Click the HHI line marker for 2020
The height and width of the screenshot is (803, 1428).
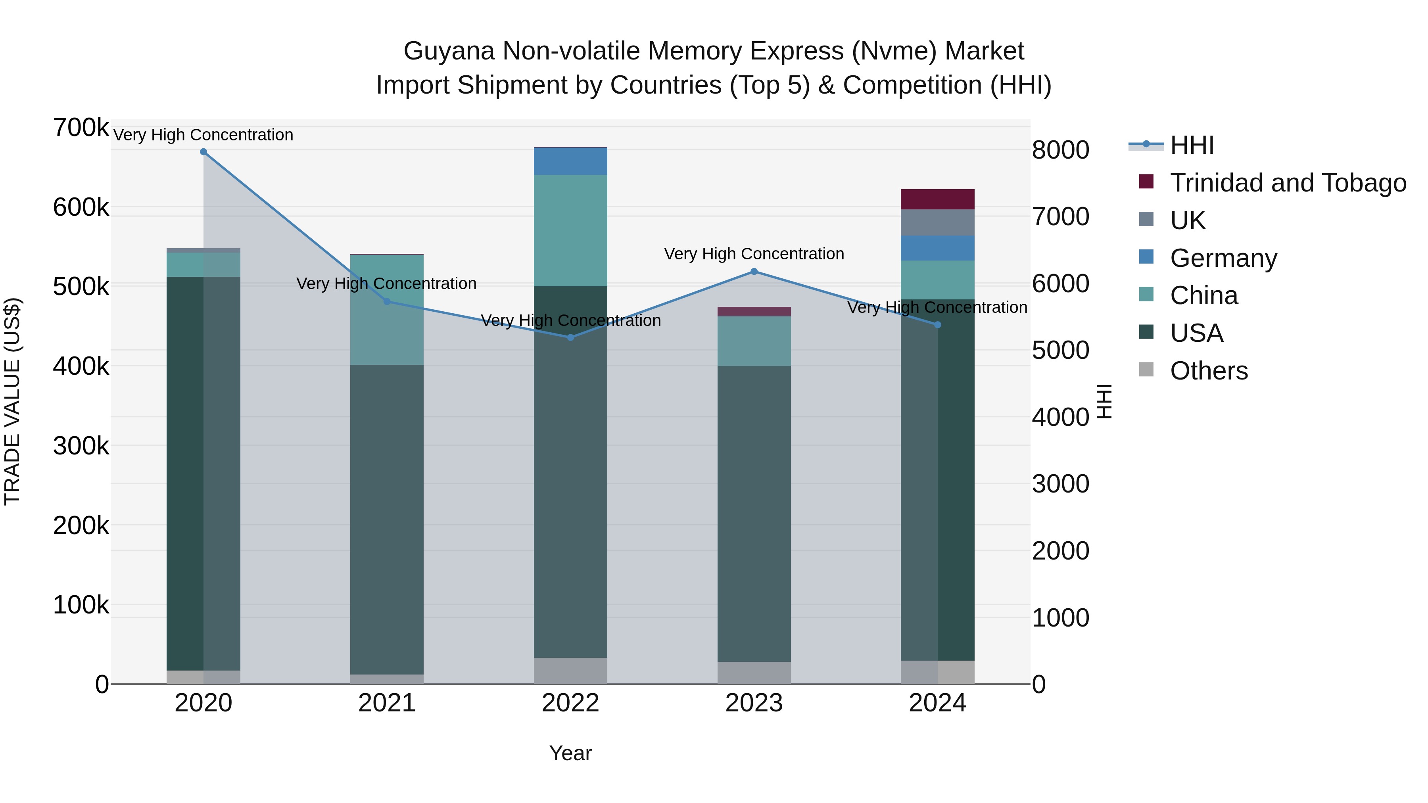coord(203,152)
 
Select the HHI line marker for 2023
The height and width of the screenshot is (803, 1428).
coord(754,272)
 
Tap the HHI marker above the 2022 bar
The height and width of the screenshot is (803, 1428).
coord(570,337)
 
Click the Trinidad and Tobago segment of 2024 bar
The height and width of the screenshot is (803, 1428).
coord(937,199)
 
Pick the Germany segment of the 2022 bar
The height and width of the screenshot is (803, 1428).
coord(570,161)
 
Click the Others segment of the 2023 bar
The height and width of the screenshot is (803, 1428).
coord(754,673)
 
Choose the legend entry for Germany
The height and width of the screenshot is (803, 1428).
coord(1223,258)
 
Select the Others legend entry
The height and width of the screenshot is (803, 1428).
coord(1209,371)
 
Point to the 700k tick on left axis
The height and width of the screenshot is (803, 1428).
coord(81,128)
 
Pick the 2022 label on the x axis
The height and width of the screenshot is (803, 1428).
coord(570,703)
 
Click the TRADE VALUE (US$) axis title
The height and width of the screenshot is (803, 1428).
coord(12,401)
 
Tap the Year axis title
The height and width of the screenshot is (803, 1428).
coord(570,753)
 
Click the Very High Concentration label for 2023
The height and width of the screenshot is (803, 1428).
coord(754,254)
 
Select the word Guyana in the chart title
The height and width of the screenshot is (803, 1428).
coord(449,51)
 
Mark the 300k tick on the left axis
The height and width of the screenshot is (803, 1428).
coord(81,446)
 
